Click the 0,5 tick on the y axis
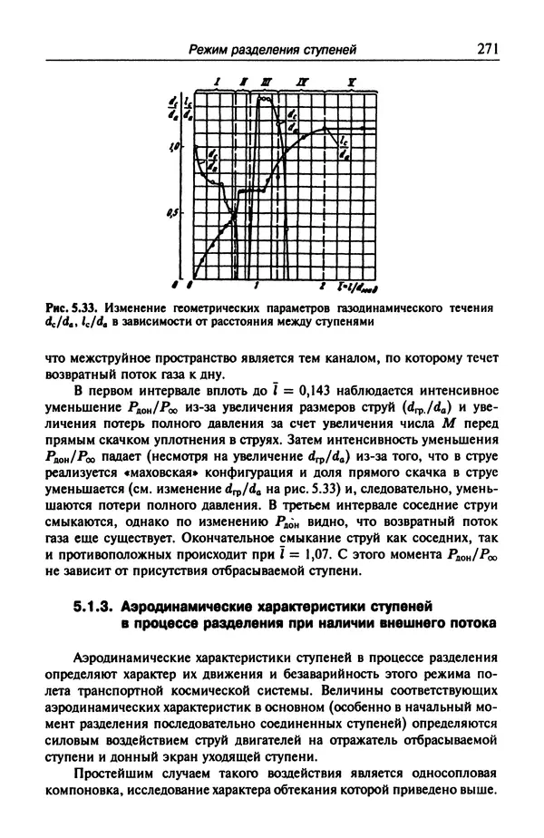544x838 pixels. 180,214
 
